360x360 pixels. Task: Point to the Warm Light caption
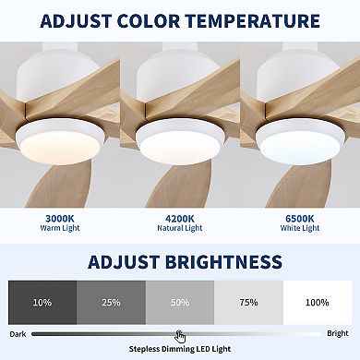pyautogui.click(x=60, y=233)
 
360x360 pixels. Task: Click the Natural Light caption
pyautogui.click(x=179, y=233)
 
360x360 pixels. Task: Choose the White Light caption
pyautogui.click(x=299, y=233)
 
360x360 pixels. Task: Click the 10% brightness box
pyautogui.click(x=42, y=302)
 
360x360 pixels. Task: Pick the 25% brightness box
pyautogui.click(x=111, y=302)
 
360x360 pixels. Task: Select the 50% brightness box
pyautogui.click(x=180, y=302)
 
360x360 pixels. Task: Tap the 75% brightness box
pyautogui.click(x=248, y=302)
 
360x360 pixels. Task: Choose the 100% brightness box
pyautogui.click(x=318, y=302)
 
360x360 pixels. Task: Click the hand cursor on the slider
pyautogui.click(x=181, y=336)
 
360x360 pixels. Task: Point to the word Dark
pyautogui.click(x=18, y=333)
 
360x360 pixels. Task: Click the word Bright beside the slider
pyautogui.click(x=338, y=333)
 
